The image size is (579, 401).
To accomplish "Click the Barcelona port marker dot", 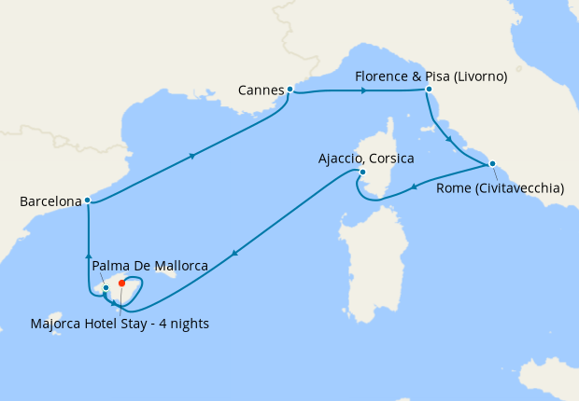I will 87,200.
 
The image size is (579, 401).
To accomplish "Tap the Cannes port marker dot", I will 290,90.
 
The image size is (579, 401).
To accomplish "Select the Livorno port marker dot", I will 428,90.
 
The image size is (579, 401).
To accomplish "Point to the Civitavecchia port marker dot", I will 491,164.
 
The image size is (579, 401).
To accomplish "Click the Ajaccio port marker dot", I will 362,172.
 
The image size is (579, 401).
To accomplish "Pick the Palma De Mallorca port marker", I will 106,287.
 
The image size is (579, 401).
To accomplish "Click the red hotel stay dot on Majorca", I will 122,283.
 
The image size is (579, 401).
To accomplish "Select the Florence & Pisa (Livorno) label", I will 431,76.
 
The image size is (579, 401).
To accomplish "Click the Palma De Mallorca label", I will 149,266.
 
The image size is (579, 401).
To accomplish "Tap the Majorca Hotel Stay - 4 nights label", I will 118,324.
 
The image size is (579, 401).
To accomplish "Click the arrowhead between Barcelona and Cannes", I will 192,156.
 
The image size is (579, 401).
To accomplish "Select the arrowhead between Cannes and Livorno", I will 363,90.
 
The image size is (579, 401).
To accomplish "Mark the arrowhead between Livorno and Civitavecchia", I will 450,140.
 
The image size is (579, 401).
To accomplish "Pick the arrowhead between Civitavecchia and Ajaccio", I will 414,184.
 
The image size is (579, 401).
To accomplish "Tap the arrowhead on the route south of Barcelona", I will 88,255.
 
